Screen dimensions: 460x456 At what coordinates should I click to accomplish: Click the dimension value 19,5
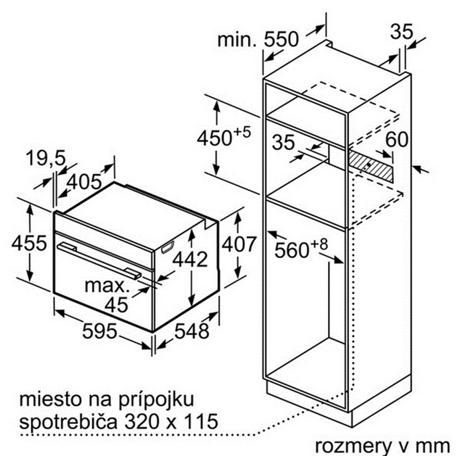pyautogui.click(x=46, y=159)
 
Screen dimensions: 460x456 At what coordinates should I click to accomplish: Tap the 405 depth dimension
pyautogui.click(x=84, y=182)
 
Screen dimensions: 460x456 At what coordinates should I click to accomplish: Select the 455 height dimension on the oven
pyautogui.click(x=29, y=243)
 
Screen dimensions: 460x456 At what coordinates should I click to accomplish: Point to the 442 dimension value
pyautogui.click(x=190, y=259)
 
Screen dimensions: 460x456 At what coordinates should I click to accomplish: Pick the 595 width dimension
pyautogui.click(x=99, y=331)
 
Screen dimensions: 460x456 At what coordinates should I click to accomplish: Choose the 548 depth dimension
pyautogui.click(x=192, y=331)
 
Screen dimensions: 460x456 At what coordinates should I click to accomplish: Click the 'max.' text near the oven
pyautogui.click(x=107, y=286)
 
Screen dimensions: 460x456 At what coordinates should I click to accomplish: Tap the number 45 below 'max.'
pyautogui.click(x=117, y=304)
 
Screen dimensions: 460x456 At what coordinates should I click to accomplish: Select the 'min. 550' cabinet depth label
pyautogui.click(x=258, y=39)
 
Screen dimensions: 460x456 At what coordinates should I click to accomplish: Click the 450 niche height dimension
pyautogui.click(x=223, y=137)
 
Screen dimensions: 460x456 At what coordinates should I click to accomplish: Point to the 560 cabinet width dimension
pyautogui.click(x=301, y=249)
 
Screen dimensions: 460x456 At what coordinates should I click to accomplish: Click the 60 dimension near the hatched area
pyautogui.click(x=397, y=139)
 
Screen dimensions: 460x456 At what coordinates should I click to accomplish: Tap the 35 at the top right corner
pyautogui.click(x=402, y=31)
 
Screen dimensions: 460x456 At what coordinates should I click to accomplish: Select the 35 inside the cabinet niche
pyautogui.click(x=283, y=142)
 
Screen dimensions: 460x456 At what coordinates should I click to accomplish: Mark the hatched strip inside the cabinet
pyautogui.click(x=370, y=166)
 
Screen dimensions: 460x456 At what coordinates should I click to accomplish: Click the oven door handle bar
pyautogui.click(x=99, y=260)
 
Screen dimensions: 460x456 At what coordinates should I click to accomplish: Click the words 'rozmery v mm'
pyautogui.click(x=382, y=446)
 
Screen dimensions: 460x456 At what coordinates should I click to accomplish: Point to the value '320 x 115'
pyautogui.click(x=171, y=420)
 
